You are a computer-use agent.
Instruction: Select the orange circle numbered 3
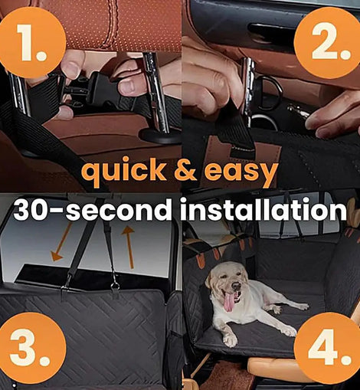[x=31, y=348]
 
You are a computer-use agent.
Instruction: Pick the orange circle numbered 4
[x=329, y=348]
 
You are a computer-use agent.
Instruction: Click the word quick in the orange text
[x=125, y=171]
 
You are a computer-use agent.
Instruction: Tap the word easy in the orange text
[x=241, y=172]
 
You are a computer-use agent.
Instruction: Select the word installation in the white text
[x=263, y=209]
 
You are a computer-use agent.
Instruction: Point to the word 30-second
[x=93, y=209]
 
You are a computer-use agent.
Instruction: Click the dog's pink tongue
[x=228, y=302]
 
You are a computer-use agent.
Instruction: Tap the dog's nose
[x=236, y=285]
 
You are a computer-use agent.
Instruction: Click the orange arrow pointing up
[x=129, y=247]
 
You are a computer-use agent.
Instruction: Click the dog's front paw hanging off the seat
[x=231, y=339]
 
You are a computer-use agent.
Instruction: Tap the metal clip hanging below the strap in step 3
[x=116, y=285]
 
